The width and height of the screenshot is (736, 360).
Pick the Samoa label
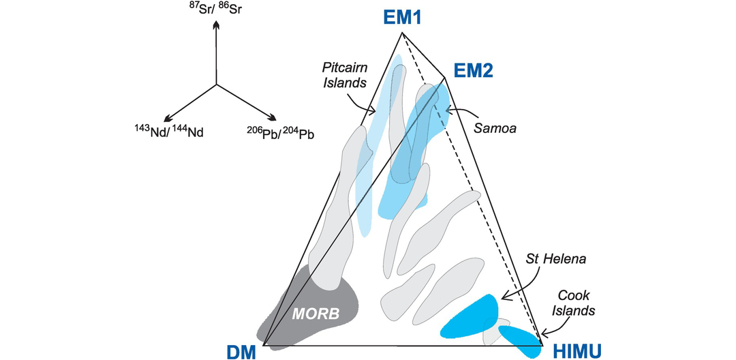pos(492,127)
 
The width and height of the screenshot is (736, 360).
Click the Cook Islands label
pos(573,303)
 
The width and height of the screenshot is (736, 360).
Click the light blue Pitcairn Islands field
pos(371,170)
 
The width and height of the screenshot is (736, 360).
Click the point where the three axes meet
pos(216,85)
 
